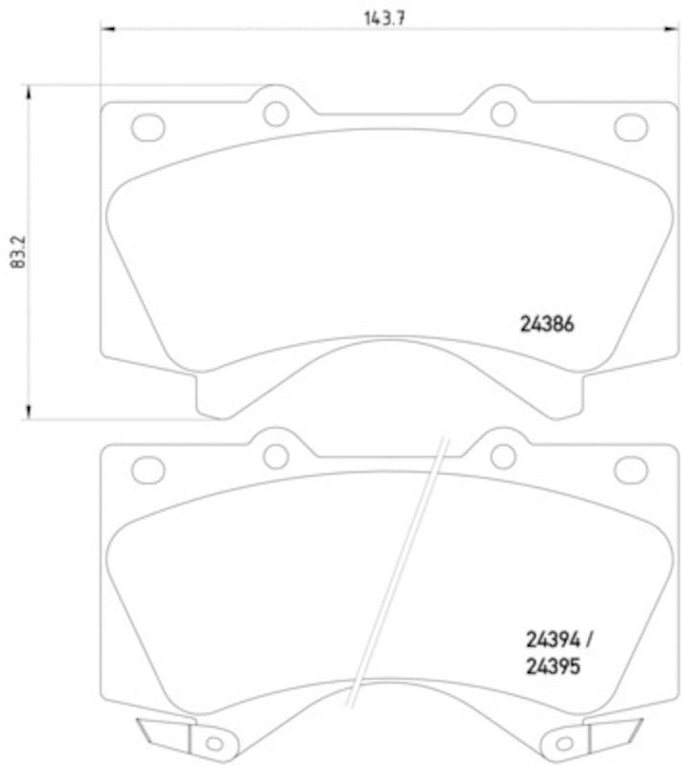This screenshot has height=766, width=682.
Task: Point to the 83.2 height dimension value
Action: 15,253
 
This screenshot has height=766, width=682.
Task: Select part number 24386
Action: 547,325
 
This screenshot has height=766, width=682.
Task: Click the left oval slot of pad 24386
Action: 148,125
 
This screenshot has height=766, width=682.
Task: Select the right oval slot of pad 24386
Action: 630,125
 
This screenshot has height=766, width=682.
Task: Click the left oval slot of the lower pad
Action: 148,468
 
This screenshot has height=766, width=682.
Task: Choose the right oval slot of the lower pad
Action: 630,468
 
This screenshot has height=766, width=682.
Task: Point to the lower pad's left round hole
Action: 276,457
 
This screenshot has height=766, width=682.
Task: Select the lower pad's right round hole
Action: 503,457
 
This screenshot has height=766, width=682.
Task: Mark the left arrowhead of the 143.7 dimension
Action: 106,31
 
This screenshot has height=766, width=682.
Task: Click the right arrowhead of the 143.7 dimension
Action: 671,31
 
